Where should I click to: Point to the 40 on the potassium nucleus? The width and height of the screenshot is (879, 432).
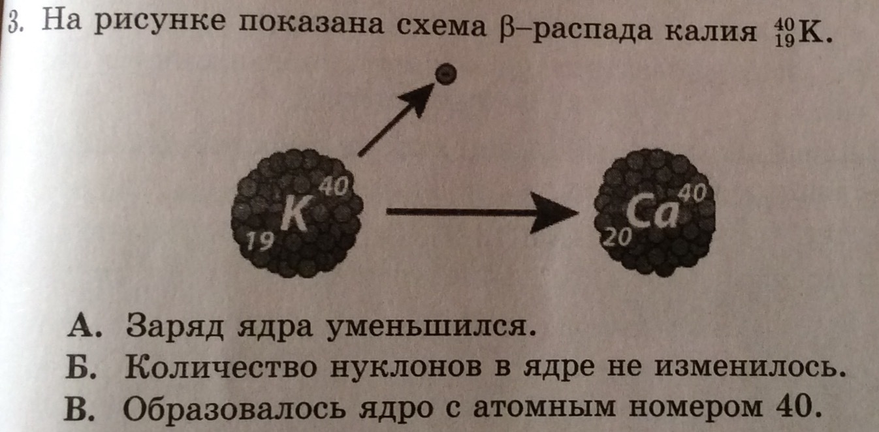point(331,188)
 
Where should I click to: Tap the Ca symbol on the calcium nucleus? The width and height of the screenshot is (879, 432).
point(650,213)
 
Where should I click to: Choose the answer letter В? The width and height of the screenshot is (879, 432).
point(78,409)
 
